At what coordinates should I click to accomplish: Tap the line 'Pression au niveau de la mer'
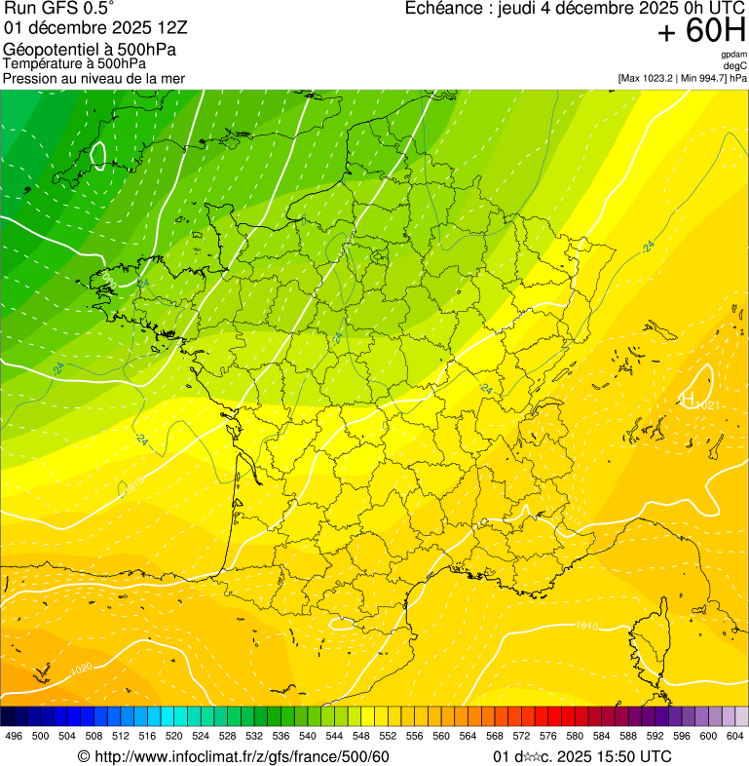(x=94, y=78)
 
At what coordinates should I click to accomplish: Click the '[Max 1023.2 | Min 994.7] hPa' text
(x=682, y=77)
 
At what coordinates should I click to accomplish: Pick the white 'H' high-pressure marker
(x=687, y=399)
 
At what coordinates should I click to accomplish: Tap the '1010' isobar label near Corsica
(x=586, y=625)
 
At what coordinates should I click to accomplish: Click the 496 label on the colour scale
(x=14, y=735)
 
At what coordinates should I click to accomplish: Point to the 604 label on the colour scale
(x=735, y=735)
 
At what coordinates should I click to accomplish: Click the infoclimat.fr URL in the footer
(x=234, y=756)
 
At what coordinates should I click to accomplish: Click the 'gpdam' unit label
(x=733, y=55)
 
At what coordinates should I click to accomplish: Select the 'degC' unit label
(x=734, y=65)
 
